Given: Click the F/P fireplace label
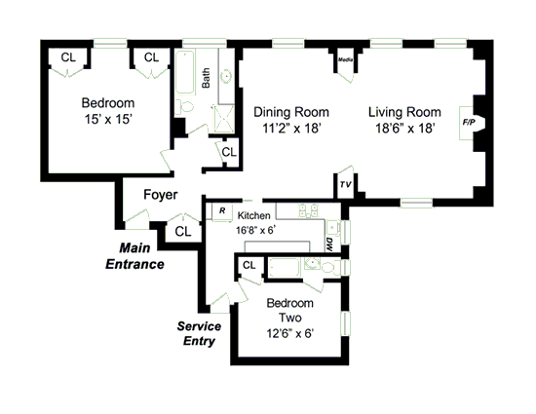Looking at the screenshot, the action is tap(469, 122).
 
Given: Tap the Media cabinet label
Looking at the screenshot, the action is tap(345, 59).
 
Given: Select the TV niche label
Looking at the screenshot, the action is tap(345, 185).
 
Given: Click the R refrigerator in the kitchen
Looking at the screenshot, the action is tap(222, 210).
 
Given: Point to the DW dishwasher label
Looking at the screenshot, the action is tap(329, 245).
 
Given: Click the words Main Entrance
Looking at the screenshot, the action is tap(134, 256).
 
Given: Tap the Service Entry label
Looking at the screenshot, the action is tap(199, 333).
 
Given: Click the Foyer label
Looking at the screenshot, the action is tap(161, 195).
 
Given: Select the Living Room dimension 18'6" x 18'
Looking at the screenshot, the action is tap(405, 129).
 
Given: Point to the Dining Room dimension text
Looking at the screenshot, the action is tap(291, 129).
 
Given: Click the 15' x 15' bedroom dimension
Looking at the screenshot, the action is tap(108, 119).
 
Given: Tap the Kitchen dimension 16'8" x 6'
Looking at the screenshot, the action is tap(255, 230).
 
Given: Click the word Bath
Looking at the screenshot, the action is tap(206, 78).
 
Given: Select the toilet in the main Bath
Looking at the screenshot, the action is tap(184, 107).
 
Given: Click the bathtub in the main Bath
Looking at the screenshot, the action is tap(185, 72).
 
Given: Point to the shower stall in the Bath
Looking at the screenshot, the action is tap(223, 119).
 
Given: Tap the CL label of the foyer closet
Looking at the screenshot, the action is tap(183, 232).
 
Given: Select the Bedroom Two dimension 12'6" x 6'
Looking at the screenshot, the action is tap(290, 333).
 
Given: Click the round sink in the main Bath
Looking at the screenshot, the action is tap(226, 76).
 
